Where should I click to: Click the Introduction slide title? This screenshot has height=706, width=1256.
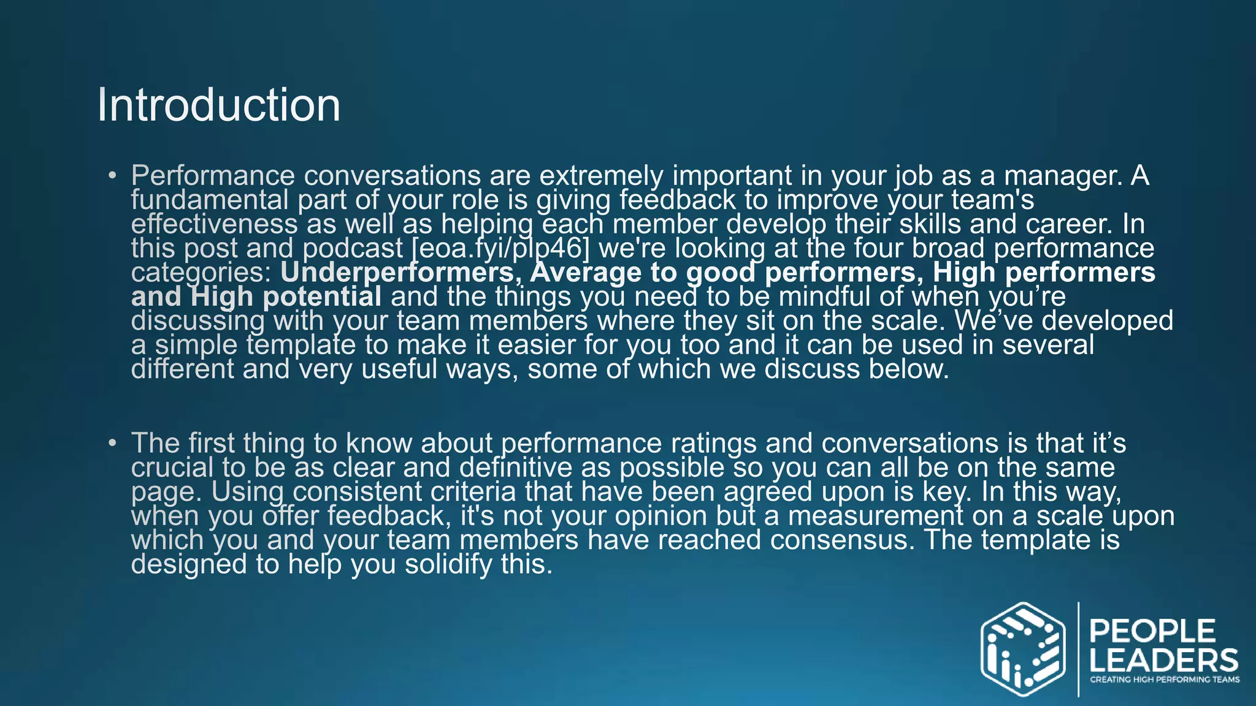(218, 105)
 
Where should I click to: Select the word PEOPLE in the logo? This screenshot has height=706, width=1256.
(1152, 632)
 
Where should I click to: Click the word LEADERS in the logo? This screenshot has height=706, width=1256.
(1163, 661)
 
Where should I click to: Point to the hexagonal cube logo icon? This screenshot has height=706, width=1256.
(1022, 650)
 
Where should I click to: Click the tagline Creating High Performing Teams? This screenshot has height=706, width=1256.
(1164, 680)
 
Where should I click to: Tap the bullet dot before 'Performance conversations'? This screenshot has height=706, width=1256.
(112, 176)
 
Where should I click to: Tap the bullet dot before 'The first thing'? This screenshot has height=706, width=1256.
(112, 443)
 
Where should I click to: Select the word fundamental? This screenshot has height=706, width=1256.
(209, 200)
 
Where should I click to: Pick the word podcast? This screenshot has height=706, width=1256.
(353, 249)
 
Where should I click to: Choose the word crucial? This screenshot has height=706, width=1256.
(172, 468)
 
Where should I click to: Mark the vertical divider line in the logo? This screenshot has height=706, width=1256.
(1078, 650)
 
